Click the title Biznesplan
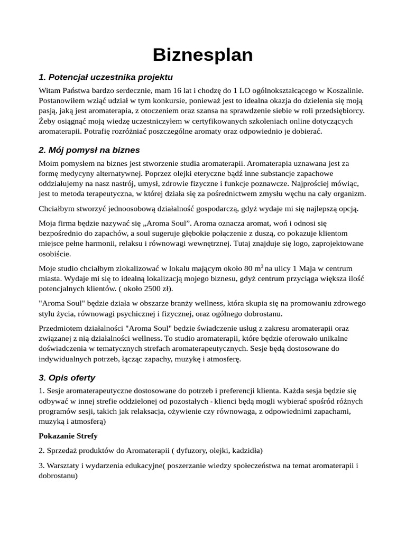coord(202,55)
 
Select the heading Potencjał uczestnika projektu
coord(106,77)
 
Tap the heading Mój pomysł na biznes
coord(89,150)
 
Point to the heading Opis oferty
coord(67,378)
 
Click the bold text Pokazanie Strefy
coord(68,436)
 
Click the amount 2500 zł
coord(157,289)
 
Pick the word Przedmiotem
coord(63,329)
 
